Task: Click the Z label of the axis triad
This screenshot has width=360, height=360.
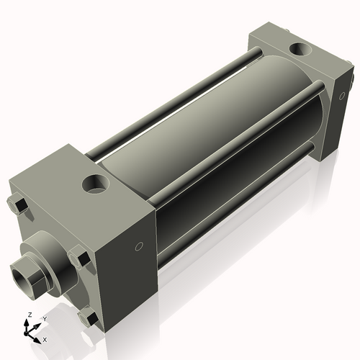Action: (x=28, y=315)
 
